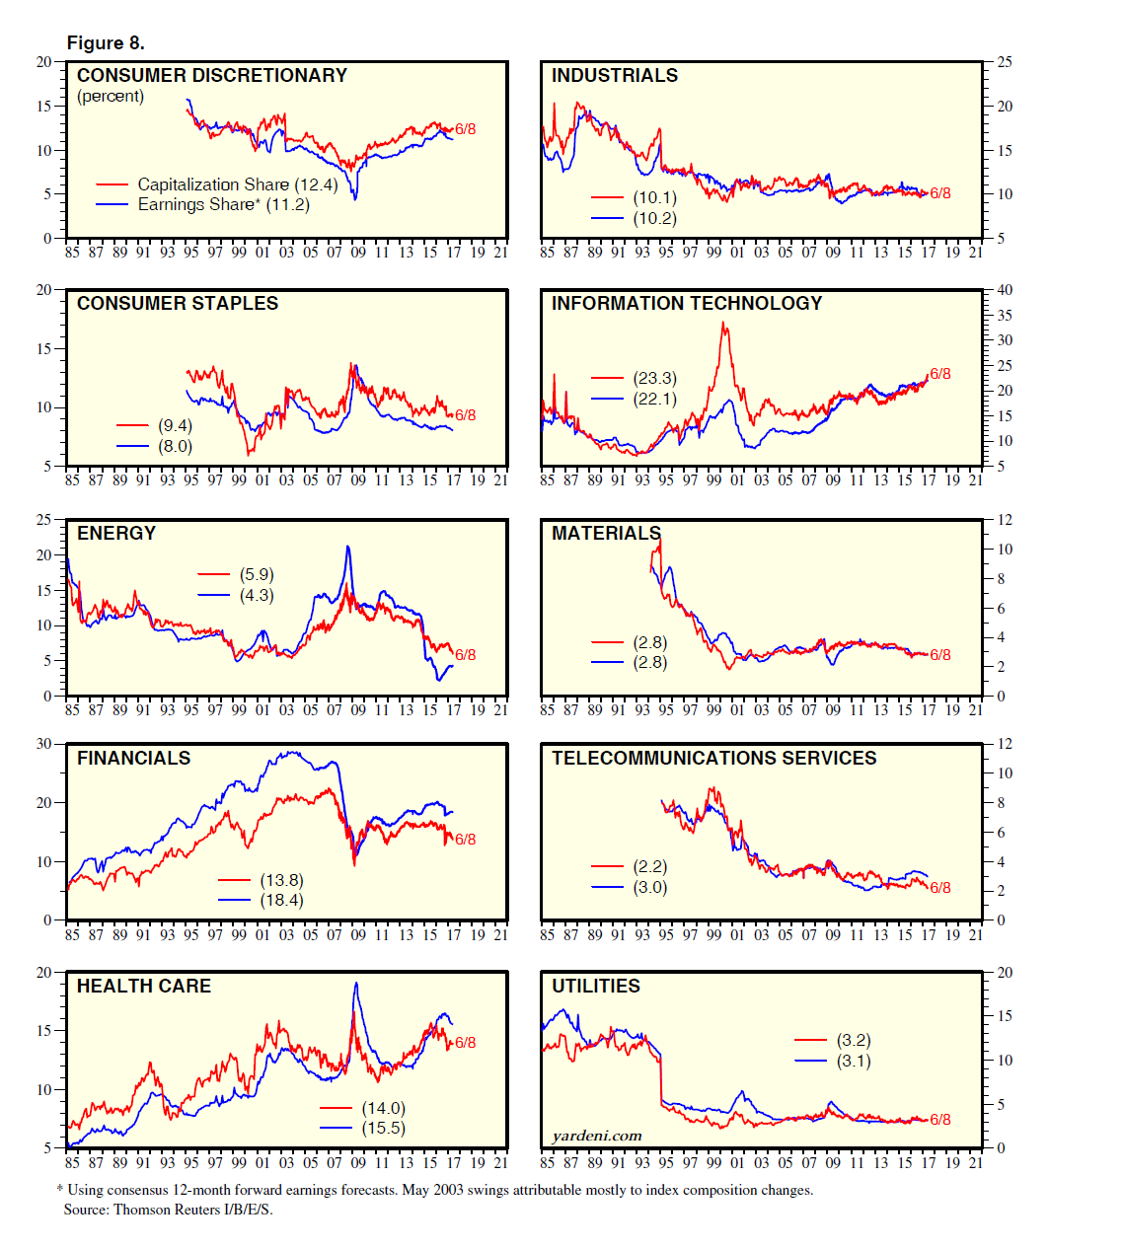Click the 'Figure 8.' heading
click(x=106, y=43)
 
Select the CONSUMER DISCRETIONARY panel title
click(x=212, y=76)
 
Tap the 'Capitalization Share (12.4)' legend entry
click(x=237, y=184)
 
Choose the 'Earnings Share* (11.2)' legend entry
click(x=223, y=205)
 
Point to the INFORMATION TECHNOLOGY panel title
click(x=686, y=304)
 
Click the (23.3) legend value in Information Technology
click(x=654, y=378)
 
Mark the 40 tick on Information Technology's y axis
click(x=1005, y=290)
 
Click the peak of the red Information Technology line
click(x=723, y=323)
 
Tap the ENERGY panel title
click(x=116, y=534)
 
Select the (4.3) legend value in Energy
click(x=257, y=595)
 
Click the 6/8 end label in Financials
click(x=465, y=840)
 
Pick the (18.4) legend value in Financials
click(x=281, y=900)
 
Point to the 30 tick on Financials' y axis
click(x=44, y=744)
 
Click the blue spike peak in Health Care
click(x=356, y=983)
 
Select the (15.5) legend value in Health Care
click(x=383, y=1128)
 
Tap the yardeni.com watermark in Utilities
click(x=596, y=1136)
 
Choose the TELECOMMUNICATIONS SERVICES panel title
click(x=713, y=759)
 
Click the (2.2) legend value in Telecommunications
click(x=649, y=866)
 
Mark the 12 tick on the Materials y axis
click(x=1005, y=520)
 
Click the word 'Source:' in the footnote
click(x=87, y=1210)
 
